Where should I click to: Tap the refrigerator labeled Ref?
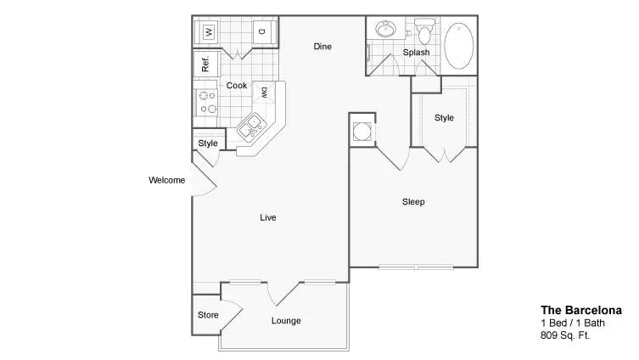[206, 64]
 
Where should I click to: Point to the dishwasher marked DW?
[264, 93]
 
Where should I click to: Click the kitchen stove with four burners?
[206, 103]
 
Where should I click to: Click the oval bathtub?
[459, 45]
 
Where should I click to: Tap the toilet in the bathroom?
[424, 31]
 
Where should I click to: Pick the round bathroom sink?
[385, 29]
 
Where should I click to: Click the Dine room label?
[322, 47]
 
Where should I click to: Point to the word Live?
[268, 217]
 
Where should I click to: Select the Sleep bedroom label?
[413, 202]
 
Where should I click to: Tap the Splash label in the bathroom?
[416, 53]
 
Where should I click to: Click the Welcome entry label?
[166, 180]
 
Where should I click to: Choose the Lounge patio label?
[286, 321]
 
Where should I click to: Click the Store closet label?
[208, 315]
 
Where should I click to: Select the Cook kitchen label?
[237, 86]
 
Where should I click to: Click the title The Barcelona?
[581, 310]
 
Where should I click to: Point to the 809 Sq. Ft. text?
[565, 335]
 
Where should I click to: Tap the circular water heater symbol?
[362, 132]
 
